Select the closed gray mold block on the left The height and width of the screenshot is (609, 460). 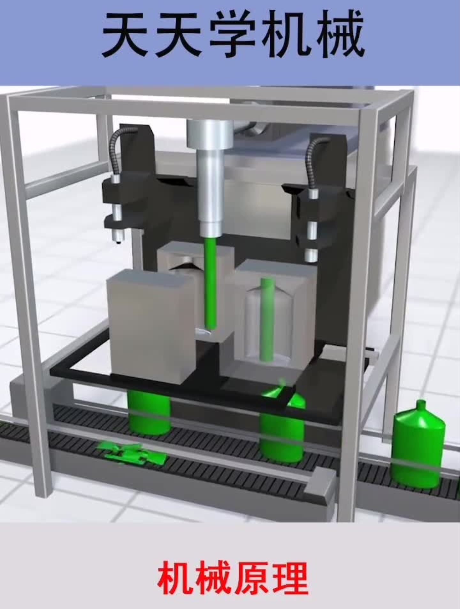point(150,326)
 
